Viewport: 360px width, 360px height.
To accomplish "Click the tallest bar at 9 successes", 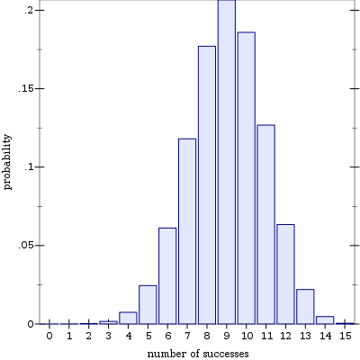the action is pos(227,162).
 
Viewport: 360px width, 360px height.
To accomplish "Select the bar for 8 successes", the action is pos(207,185).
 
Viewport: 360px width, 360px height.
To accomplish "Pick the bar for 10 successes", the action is pos(247,178).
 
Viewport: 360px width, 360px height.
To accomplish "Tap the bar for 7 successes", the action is pos(187,231).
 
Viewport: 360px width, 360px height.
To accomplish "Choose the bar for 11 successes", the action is pos(265,224).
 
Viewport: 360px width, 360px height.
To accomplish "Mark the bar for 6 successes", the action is pos(167,276).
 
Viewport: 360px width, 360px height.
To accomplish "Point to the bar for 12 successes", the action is pos(285,274).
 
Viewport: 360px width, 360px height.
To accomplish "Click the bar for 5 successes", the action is pos(148,305).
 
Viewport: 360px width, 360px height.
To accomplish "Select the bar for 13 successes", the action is pos(305,307).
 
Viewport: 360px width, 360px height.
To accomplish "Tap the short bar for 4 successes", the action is pos(128,318).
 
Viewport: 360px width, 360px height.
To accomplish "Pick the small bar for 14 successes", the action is pos(325,320).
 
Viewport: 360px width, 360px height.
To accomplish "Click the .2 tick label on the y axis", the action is pos(29,10).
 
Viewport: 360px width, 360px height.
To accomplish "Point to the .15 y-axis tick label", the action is pos(26,89).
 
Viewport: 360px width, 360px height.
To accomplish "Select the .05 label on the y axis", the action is pos(26,246).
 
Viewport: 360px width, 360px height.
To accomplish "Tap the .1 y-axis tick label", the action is pos(29,167).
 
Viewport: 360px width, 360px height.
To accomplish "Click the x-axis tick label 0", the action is pos(49,336).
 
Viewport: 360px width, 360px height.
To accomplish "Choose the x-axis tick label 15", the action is pos(345,336).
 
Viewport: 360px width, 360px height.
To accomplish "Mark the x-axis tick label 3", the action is pos(108,336).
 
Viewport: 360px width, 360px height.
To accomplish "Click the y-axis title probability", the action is pos(7,162).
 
